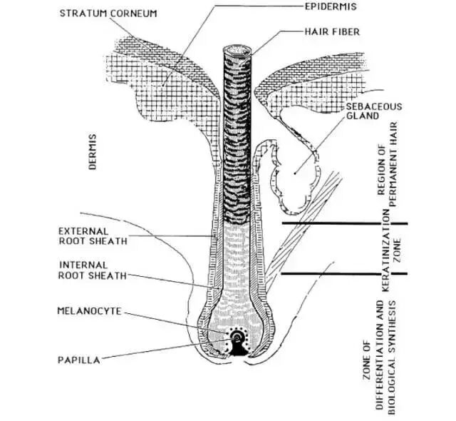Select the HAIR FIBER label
click(333, 32)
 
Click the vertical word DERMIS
click(93, 151)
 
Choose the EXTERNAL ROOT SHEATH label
click(93, 236)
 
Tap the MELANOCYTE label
click(89, 311)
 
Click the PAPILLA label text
click(78, 360)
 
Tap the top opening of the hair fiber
click(237, 51)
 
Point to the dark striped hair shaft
click(235, 143)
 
